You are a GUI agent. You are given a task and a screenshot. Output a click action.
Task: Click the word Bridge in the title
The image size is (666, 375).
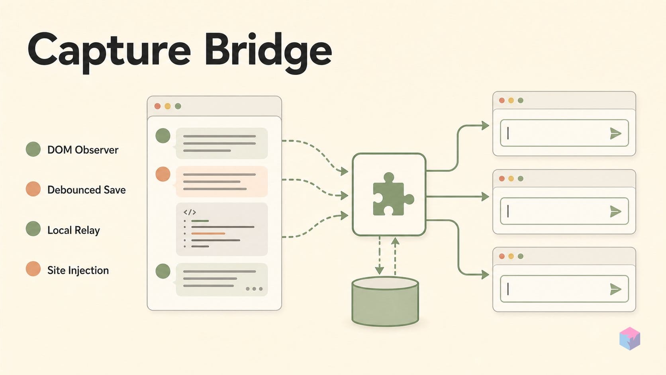click(x=268, y=51)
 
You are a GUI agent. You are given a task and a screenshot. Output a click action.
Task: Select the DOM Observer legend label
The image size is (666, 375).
click(x=83, y=149)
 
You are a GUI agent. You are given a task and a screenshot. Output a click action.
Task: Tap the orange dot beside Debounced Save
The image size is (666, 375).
click(x=33, y=189)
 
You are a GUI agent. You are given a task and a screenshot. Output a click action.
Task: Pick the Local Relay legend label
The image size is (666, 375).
click(x=73, y=230)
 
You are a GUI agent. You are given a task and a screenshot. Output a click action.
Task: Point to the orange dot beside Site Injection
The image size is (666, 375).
click(x=33, y=269)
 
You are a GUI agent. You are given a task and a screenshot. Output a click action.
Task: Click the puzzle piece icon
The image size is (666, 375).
click(x=393, y=194)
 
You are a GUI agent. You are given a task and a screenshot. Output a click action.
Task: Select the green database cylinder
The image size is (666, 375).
click(x=385, y=302)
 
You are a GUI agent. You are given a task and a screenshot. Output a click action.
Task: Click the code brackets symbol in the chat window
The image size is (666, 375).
click(x=190, y=212)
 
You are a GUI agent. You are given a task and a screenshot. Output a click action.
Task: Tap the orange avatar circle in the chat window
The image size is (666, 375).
click(x=163, y=174)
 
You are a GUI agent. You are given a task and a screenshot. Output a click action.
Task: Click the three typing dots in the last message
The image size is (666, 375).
click(x=254, y=289)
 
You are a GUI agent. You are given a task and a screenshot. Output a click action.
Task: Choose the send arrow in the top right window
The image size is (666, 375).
click(x=615, y=133)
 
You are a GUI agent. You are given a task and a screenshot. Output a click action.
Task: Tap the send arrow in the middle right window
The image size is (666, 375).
click(x=615, y=212)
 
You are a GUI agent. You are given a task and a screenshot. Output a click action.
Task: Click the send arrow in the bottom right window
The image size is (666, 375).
click(x=615, y=289)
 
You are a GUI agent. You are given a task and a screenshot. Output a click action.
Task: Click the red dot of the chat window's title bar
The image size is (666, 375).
click(x=158, y=106)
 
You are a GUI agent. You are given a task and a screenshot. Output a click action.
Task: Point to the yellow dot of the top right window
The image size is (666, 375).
click(x=511, y=100)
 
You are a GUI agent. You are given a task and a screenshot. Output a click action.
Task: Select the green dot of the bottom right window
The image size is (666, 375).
click(x=521, y=256)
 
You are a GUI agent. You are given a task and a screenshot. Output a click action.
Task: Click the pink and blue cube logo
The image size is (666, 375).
click(x=630, y=338)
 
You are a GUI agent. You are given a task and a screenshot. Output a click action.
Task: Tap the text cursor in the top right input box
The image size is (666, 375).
click(x=508, y=133)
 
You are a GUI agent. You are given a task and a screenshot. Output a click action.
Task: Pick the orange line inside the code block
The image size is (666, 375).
click(x=208, y=234)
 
